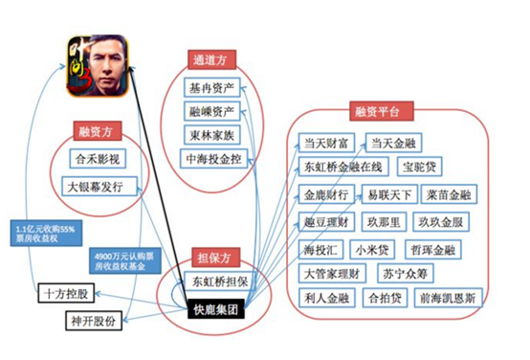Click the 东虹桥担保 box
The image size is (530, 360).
(219, 283)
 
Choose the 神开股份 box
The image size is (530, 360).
(94, 320)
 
